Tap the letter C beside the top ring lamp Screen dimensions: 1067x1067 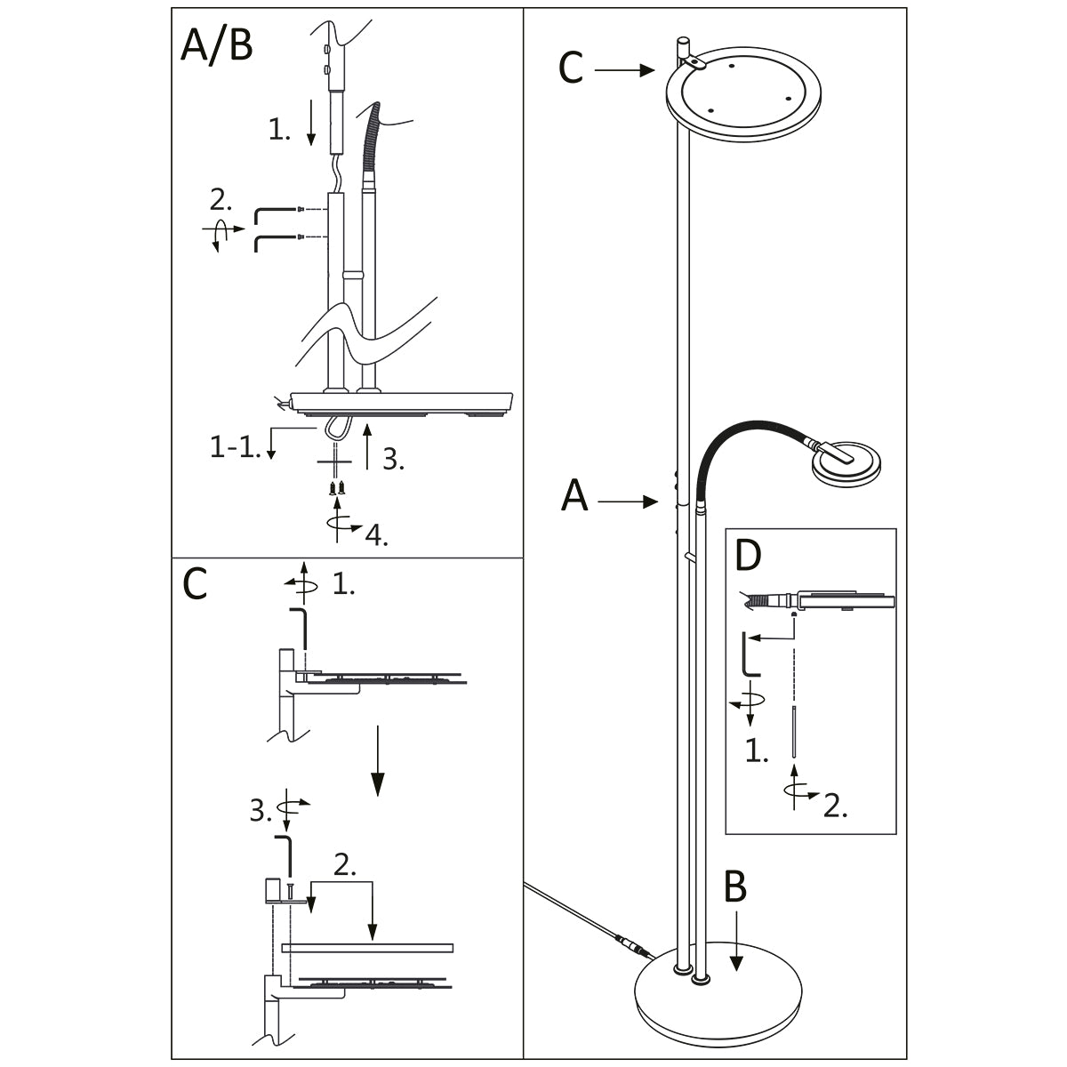pos(571,68)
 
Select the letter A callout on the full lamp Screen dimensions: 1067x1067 pos(574,496)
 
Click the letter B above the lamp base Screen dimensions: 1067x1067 pos(734,887)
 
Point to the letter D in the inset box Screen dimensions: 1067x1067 pos(750,556)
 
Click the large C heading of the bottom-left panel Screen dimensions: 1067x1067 pos(194,584)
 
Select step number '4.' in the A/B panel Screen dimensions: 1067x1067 pos(376,535)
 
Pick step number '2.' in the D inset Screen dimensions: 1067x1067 pos(835,805)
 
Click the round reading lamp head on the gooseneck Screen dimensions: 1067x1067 pos(847,463)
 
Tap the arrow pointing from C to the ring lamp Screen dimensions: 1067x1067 pos(625,69)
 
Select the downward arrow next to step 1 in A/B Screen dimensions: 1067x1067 pos(310,124)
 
